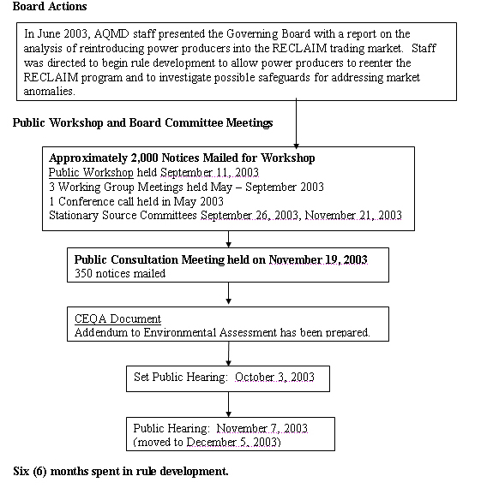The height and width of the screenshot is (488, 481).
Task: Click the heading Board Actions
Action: [50, 7]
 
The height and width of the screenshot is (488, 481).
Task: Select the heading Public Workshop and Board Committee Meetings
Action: [142, 122]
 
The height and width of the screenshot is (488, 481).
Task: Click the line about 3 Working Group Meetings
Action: [186, 187]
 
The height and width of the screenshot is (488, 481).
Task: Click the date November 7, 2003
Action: [262, 428]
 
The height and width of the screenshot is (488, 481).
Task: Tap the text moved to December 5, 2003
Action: [208, 442]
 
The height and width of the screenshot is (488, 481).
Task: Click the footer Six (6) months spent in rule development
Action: [121, 471]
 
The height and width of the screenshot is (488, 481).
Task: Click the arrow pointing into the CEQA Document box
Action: [228, 296]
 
